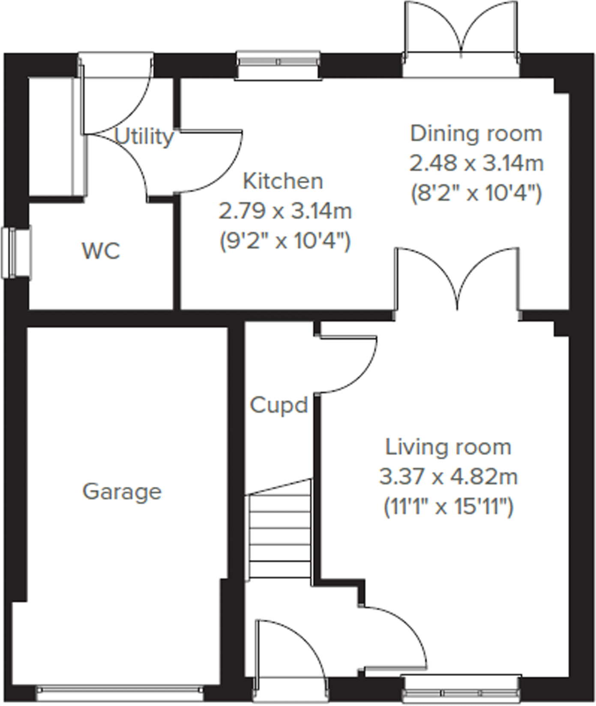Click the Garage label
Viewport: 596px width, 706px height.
click(x=122, y=492)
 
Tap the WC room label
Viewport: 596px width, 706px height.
click(x=101, y=251)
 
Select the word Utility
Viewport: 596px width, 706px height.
click(x=144, y=137)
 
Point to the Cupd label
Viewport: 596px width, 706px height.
click(x=279, y=405)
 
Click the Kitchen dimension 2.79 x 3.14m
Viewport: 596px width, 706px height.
click(x=285, y=211)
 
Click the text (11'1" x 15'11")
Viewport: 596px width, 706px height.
click(x=448, y=508)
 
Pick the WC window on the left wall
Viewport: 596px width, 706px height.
click(x=16, y=253)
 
